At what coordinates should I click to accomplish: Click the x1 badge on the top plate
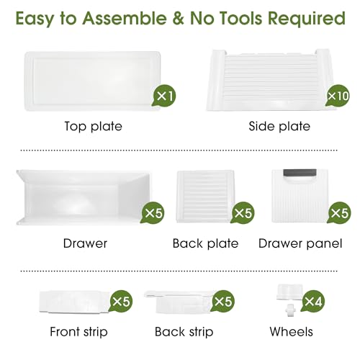(164, 96)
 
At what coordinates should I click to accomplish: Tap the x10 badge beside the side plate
(338, 96)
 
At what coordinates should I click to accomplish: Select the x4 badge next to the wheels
(313, 301)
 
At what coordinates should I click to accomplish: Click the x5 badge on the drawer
(153, 213)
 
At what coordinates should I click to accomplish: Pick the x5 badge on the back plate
(243, 213)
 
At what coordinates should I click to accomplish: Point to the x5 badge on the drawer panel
(339, 213)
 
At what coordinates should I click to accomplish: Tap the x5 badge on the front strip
(121, 301)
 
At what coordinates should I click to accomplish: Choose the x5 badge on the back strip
(222, 301)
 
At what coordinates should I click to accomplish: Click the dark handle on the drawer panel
(300, 174)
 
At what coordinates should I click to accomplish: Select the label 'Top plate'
(94, 127)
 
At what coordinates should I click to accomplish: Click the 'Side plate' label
(279, 127)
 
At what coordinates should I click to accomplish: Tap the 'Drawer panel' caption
(300, 244)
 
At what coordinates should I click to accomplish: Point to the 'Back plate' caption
(205, 243)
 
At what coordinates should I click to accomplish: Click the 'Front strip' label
(78, 332)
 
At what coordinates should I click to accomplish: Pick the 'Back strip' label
(184, 332)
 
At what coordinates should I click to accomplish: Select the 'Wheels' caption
(291, 332)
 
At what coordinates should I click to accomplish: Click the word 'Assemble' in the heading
(125, 18)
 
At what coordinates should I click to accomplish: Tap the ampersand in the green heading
(179, 19)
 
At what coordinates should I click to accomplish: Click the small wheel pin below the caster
(290, 310)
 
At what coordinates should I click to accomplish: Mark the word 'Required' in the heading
(307, 19)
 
